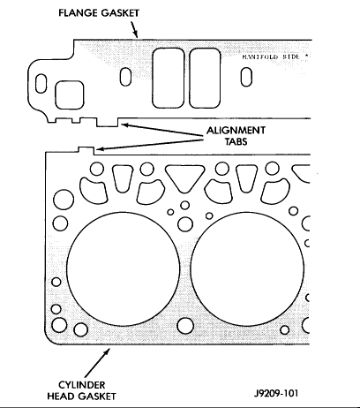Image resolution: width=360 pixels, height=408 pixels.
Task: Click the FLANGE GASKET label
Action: point(99,13)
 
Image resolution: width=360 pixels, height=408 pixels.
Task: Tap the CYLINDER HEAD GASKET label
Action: point(81,390)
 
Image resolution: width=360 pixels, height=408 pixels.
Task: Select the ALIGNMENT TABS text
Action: point(236,136)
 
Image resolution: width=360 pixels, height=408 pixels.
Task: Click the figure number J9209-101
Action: point(276,393)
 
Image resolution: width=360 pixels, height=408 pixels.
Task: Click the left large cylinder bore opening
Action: point(124,268)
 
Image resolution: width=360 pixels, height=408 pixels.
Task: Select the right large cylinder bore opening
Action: point(247,268)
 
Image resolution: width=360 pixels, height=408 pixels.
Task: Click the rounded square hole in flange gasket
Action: point(70,95)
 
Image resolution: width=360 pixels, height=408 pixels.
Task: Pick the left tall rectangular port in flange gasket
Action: point(169,78)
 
